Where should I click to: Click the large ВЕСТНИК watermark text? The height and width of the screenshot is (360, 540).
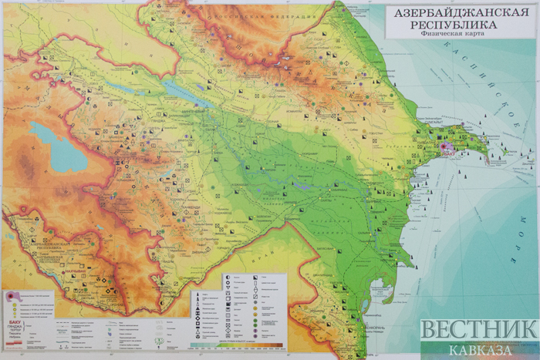pos(478,330)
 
